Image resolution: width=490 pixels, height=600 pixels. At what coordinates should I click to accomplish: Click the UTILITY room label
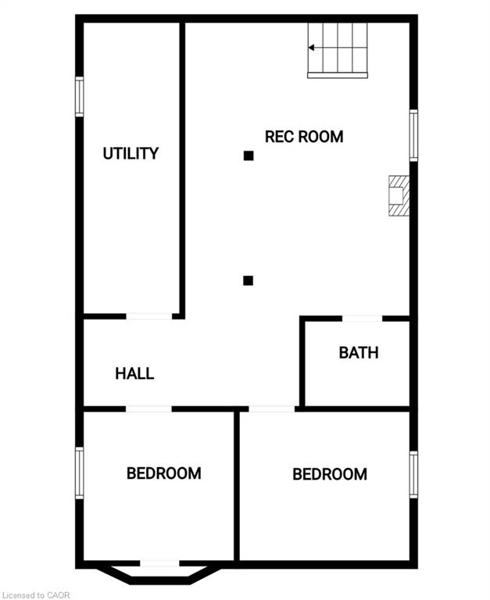tap(131, 153)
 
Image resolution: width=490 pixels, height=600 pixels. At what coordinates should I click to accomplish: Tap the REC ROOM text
tap(304, 137)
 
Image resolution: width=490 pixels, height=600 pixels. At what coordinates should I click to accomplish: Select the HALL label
tap(134, 373)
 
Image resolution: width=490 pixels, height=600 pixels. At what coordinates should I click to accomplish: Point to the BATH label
tap(359, 352)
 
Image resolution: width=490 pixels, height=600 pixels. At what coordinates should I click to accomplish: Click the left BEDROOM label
tap(164, 473)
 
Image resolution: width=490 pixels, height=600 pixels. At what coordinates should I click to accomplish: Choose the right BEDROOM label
tap(330, 474)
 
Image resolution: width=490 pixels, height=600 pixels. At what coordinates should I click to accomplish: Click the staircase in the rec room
tap(338, 49)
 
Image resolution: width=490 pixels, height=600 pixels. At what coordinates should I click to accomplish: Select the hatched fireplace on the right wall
tap(399, 195)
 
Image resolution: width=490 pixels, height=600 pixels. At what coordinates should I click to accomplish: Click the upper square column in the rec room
tap(249, 155)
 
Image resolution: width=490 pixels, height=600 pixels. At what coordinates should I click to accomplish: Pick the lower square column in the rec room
tap(248, 280)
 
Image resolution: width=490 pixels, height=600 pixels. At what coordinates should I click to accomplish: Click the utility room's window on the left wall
tap(79, 97)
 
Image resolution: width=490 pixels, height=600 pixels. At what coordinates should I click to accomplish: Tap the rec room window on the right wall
tap(413, 135)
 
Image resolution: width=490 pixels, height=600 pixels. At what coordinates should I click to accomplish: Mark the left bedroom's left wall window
tap(79, 472)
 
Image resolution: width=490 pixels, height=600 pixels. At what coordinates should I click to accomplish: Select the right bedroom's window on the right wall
tap(413, 473)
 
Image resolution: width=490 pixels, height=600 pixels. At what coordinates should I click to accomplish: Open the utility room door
tap(149, 316)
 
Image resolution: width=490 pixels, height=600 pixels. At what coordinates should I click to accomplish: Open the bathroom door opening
tap(362, 318)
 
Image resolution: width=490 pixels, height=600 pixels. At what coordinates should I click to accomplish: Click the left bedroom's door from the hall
tap(148, 409)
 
